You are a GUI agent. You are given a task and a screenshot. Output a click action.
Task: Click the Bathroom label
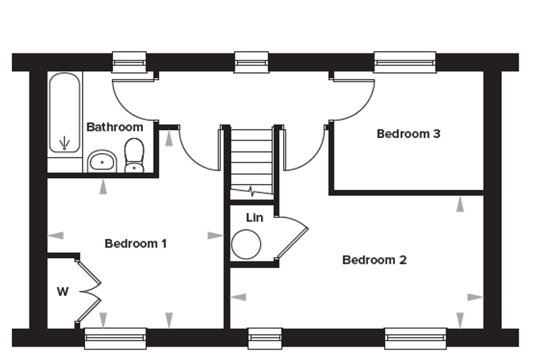click(115, 127)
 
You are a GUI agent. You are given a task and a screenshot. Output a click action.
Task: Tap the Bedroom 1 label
click(136, 244)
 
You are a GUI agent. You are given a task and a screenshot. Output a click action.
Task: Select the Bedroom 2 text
click(375, 260)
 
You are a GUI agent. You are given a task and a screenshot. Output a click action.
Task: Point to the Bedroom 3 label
click(408, 134)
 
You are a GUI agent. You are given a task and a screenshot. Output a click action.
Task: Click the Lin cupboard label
click(254, 217)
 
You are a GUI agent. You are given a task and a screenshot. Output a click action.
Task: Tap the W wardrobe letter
click(63, 292)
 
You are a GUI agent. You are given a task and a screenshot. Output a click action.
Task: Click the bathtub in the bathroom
click(65, 112)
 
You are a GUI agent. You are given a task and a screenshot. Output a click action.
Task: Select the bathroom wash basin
click(102, 162)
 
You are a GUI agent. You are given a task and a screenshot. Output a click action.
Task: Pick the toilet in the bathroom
click(134, 155)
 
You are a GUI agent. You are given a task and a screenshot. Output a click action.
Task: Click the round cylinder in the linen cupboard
click(246, 245)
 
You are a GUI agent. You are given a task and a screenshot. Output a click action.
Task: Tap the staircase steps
click(252, 163)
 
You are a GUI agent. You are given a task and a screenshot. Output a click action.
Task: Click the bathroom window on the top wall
click(129, 63)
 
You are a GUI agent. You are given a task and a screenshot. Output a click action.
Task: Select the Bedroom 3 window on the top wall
click(405, 63)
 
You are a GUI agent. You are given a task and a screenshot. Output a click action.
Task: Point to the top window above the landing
click(252, 63)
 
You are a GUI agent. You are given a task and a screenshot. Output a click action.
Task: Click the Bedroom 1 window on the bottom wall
click(115, 338)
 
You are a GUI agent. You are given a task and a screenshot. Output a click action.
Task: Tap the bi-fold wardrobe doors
click(89, 292)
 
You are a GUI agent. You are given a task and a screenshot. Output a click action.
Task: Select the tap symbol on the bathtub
click(65, 143)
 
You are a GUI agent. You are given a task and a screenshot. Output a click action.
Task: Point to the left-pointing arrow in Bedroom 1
click(56, 236)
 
